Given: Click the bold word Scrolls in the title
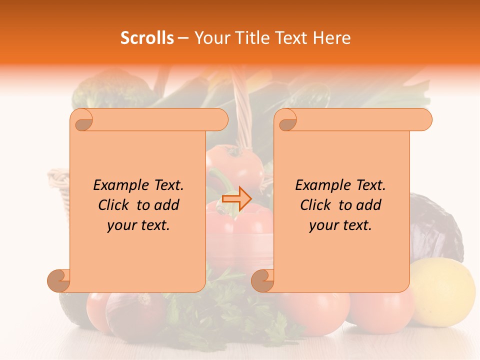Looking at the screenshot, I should (x=147, y=38).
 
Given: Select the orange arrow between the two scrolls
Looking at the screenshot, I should (x=236, y=198).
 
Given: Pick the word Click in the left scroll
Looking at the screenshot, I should (x=115, y=205).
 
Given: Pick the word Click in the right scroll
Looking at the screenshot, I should (x=317, y=205).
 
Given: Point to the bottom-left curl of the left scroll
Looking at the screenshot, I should (x=59, y=280).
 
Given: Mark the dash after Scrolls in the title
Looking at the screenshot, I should (x=183, y=38).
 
